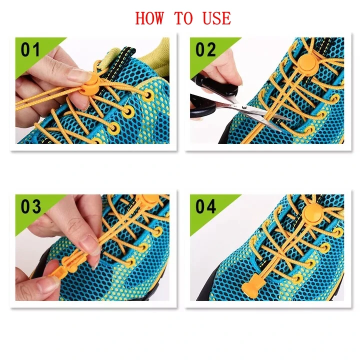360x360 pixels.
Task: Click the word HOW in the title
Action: coord(149,18)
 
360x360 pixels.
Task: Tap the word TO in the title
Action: coord(183,18)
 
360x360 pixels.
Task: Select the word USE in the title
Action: coord(216,18)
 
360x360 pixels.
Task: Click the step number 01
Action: coord(30,50)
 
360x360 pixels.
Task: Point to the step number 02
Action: coord(205,50)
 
